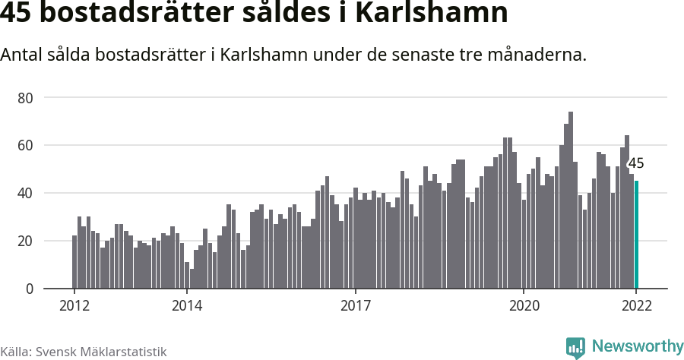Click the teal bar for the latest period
click(x=636, y=235)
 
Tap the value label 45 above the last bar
click(x=636, y=163)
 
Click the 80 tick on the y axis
click(x=26, y=97)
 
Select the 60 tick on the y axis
click(x=26, y=145)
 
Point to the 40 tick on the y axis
click(x=26, y=193)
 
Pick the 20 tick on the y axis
click(x=26, y=241)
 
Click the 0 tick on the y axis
click(x=30, y=289)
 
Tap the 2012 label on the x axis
click(x=74, y=307)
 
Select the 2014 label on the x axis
click(x=186, y=307)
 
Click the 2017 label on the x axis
click(x=355, y=307)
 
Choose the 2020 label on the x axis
click(x=524, y=307)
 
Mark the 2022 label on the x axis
click(x=636, y=307)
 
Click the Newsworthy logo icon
click(x=575, y=347)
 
